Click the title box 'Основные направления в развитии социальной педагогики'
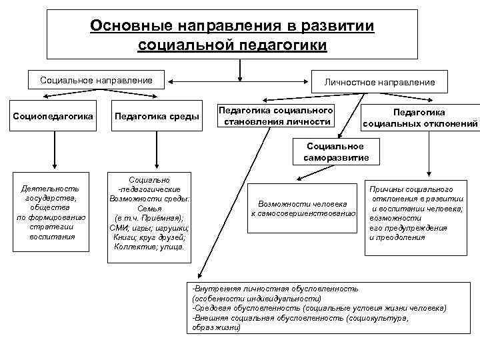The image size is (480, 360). [x=232, y=35]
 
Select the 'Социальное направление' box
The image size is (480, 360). [x=96, y=81]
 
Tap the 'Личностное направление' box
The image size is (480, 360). [x=379, y=81]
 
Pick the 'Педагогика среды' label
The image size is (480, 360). [x=157, y=117]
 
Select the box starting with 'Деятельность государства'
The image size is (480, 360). [x=51, y=213]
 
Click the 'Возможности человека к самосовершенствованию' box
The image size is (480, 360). [x=303, y=208]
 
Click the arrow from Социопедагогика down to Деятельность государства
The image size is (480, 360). [x=52, y=151]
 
